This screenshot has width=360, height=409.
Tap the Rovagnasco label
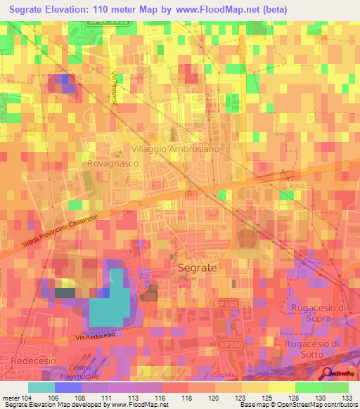pos(111,162)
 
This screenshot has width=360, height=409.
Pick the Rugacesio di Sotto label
pos(313,349)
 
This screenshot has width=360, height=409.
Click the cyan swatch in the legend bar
pos(41,387)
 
